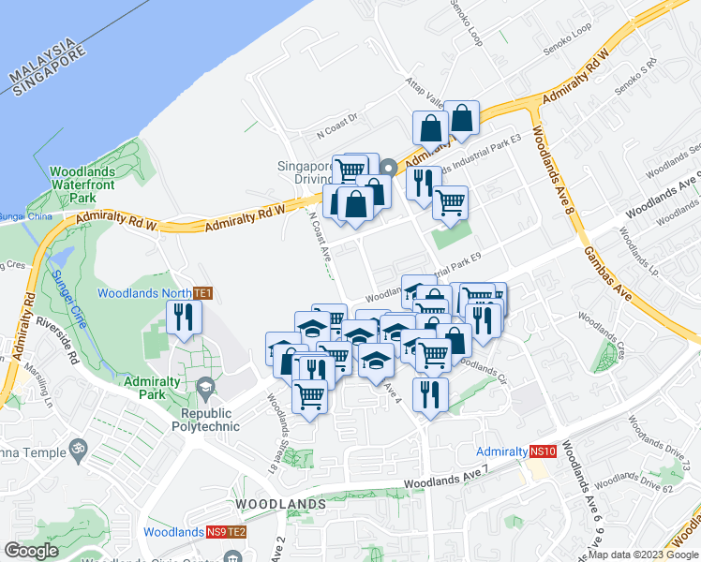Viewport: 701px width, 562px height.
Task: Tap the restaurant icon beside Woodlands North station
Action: (184, 318)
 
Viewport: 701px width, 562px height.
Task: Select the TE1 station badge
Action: (202, 293)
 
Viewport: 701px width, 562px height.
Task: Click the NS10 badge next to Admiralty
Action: (543, 451)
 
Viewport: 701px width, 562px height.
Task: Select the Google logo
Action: (32, 551)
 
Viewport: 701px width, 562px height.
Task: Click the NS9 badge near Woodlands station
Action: (216, 532)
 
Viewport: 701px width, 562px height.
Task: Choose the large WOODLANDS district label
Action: (280, 504)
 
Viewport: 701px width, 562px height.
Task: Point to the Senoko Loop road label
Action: (466, 23)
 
